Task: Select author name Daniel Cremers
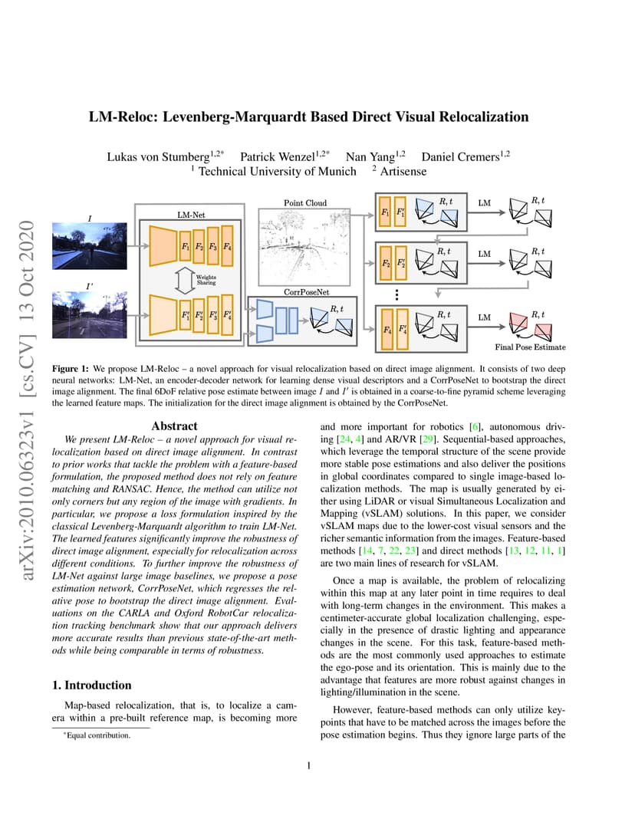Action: coord(460,156)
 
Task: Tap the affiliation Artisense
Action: coord(403,172)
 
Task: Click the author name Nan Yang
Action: coord(370,156)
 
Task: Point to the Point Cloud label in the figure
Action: coord(305,203)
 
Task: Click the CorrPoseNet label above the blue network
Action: coord(306,292)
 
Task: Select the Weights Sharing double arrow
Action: coord(184,280)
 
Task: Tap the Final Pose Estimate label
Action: coord(530,347)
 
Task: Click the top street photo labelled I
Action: coord(90,246)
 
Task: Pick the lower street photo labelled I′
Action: coord(90,314)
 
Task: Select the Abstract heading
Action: coord(175,426)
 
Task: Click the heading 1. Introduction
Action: coord(92,686)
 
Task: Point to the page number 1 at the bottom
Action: coord(309,765)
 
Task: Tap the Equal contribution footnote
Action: coord(97,735)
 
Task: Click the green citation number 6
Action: coord(475,427)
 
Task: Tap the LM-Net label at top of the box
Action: coord(191,215)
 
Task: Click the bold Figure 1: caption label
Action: coord(71,369)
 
